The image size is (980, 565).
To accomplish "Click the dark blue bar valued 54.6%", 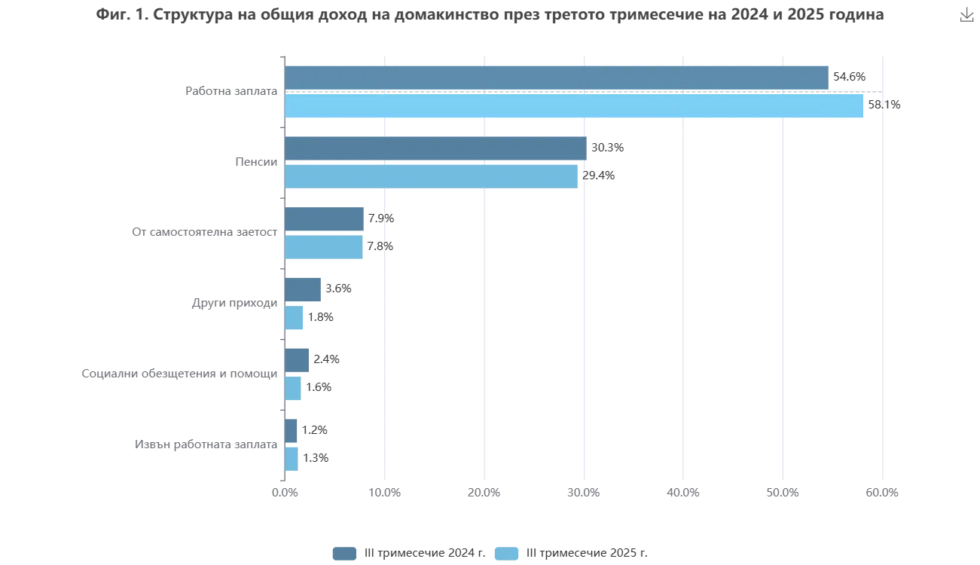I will [557, 76].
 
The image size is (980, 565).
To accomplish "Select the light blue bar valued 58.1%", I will [575, 105].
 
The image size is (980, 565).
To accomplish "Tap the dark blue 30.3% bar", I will [436, 148].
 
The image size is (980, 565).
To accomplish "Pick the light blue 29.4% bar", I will [432, 176].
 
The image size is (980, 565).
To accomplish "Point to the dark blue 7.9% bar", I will [325, 218].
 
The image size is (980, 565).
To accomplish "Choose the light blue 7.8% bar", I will [325, 246].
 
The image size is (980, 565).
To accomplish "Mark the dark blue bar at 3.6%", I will [304, 289].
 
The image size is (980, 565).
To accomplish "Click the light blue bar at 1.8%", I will [295, 317].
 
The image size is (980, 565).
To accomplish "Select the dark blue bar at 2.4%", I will [298, 359].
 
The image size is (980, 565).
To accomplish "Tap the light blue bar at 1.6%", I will [293, 388].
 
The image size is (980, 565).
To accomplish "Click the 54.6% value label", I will [850, 76].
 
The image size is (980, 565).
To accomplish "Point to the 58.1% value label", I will [884, 105].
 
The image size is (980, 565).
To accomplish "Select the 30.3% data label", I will [607, 148].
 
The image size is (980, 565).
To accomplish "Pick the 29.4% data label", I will [599, 176].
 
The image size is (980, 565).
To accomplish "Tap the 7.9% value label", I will [381, 218].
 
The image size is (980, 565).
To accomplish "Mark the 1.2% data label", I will [315, 430].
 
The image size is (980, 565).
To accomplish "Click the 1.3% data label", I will [315, 458].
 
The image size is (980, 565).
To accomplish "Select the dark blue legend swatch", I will [343, 553].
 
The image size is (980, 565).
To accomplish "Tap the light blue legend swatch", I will [508, 553].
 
